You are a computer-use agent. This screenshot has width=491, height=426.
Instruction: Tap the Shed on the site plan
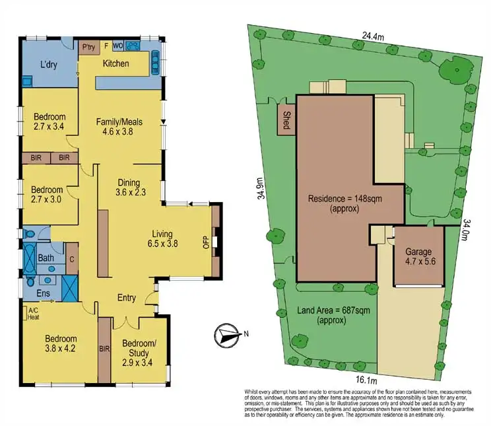[x=286, y=119]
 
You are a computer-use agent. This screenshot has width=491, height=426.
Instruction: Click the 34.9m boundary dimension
[x=261, y=188]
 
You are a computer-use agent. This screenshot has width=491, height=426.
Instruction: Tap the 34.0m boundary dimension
[x=466, y=231]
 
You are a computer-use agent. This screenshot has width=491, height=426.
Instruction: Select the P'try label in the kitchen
[x=88, y=47]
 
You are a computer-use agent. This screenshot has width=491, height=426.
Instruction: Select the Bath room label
[x=46, y=258]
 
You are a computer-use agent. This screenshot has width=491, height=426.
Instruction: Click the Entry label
[x=126, y=298]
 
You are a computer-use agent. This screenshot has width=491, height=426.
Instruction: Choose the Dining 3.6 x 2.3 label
[x=130, y=188]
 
